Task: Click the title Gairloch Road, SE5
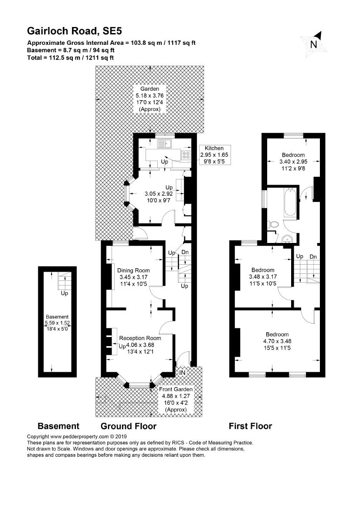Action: coord(75,31)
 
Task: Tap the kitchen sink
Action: coord(166,143)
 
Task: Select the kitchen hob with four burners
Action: coord(186,154)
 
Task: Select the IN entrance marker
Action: coord(183,373)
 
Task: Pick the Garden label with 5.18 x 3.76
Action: coord(150,98)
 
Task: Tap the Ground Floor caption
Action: coord(128,426)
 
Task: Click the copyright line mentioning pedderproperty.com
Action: coord(76,436)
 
